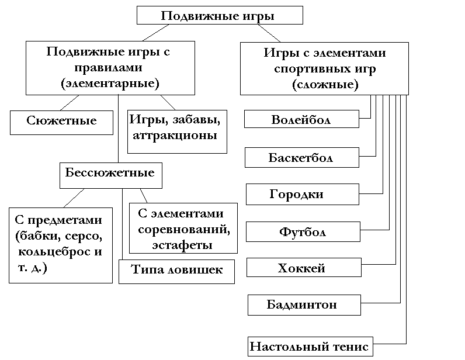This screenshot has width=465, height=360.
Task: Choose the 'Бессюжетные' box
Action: [110, 174]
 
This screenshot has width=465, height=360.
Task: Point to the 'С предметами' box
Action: [60, 244]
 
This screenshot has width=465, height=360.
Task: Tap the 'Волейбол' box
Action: [301, 120]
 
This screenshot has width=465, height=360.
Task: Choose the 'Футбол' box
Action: [302, 232]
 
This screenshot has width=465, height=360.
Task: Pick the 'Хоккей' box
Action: [302, 268]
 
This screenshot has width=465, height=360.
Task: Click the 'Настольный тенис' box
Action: [310, 346]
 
